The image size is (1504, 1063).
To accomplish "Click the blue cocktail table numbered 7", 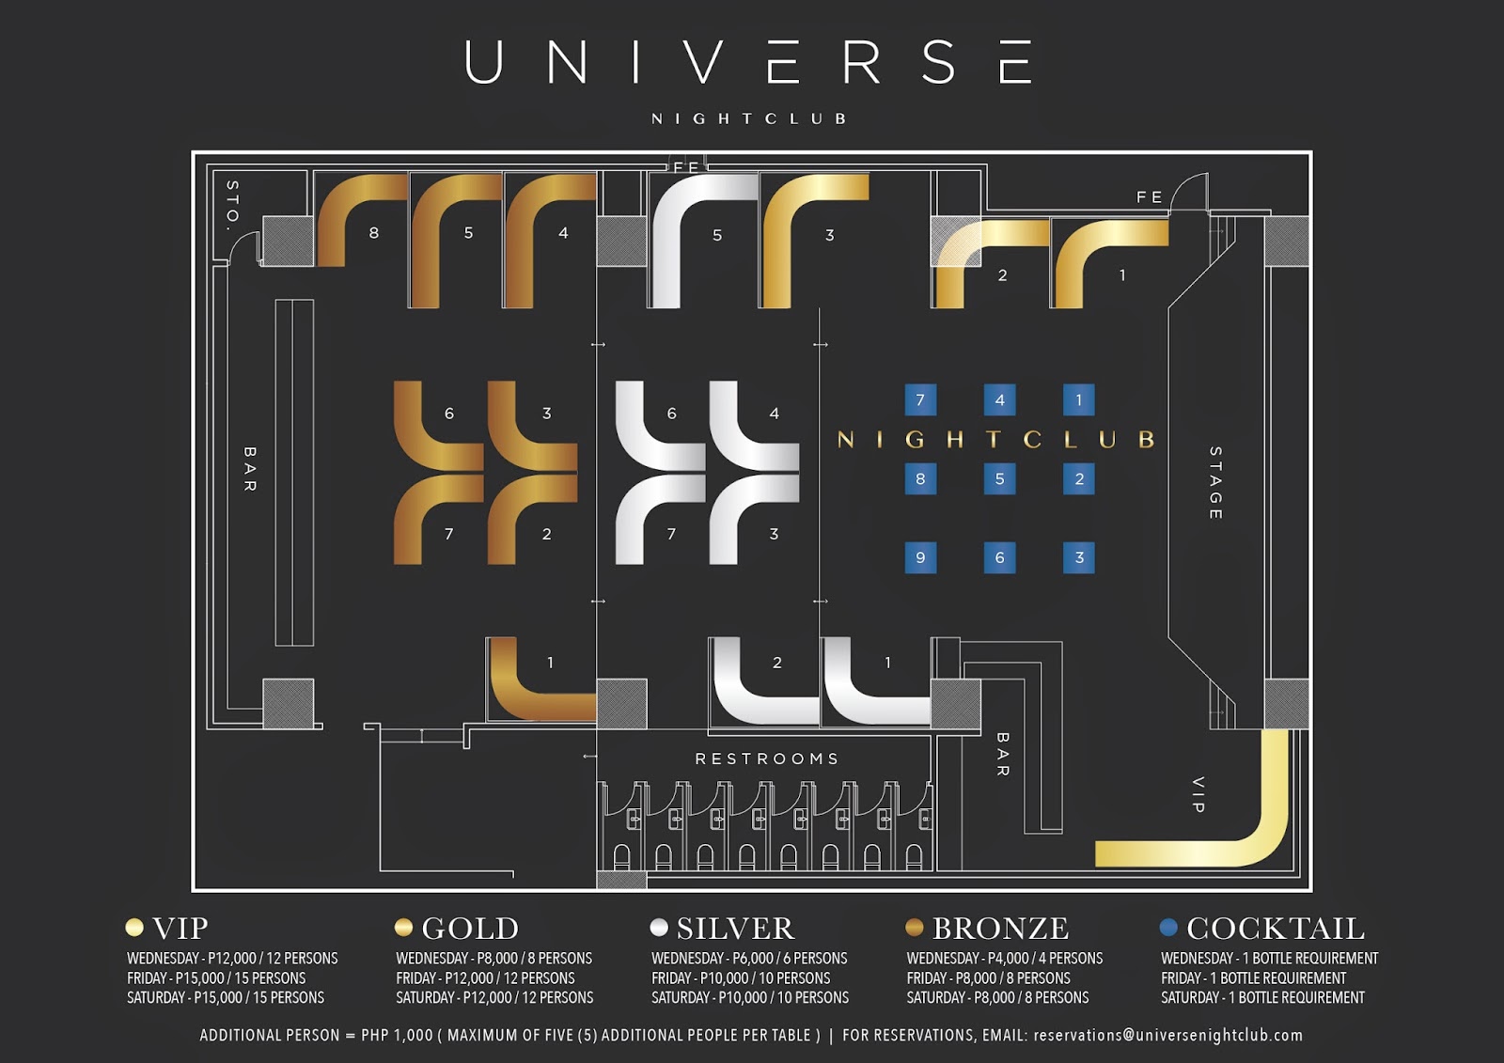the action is pyautogui.click(x=920, y=400).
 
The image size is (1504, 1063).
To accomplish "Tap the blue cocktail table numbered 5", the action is pyautogui.click(x=999, y=479).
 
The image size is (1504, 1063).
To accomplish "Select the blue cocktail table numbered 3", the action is pyautogui.click(x=1078, y=558).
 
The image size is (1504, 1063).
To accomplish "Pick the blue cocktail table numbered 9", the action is pyautogui.click(x=920, y=558).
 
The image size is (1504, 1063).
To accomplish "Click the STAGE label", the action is pyautogui.click(x=1215, y=483).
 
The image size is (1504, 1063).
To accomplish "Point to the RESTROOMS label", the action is pyautogui.click(x=766, y=758).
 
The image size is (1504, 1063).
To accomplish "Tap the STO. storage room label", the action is pyautogui.click(x=232, y=205).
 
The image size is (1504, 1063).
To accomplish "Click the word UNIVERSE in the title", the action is pyautogui.click(x=749, y=63).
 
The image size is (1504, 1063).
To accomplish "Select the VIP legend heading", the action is pyautogui.click(x=180, y=929).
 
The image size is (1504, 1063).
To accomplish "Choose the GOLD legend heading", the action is pyautogui.click(x=470, y=929).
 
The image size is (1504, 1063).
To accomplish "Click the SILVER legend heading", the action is pyautogui.click(x=735, y=929).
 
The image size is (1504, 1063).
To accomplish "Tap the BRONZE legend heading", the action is pyautogui.click(x=1000, y=929).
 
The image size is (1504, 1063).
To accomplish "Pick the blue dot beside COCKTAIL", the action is pyautogui.click(x=1168, y=928).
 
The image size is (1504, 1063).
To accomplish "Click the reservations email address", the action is pyautogui.click(x=1167, y=1035).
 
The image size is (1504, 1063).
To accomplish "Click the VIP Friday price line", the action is pyautogui.click(x=216, y=977).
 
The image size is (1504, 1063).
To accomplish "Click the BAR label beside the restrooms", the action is pyautogui.click(x=1002, y=755).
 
